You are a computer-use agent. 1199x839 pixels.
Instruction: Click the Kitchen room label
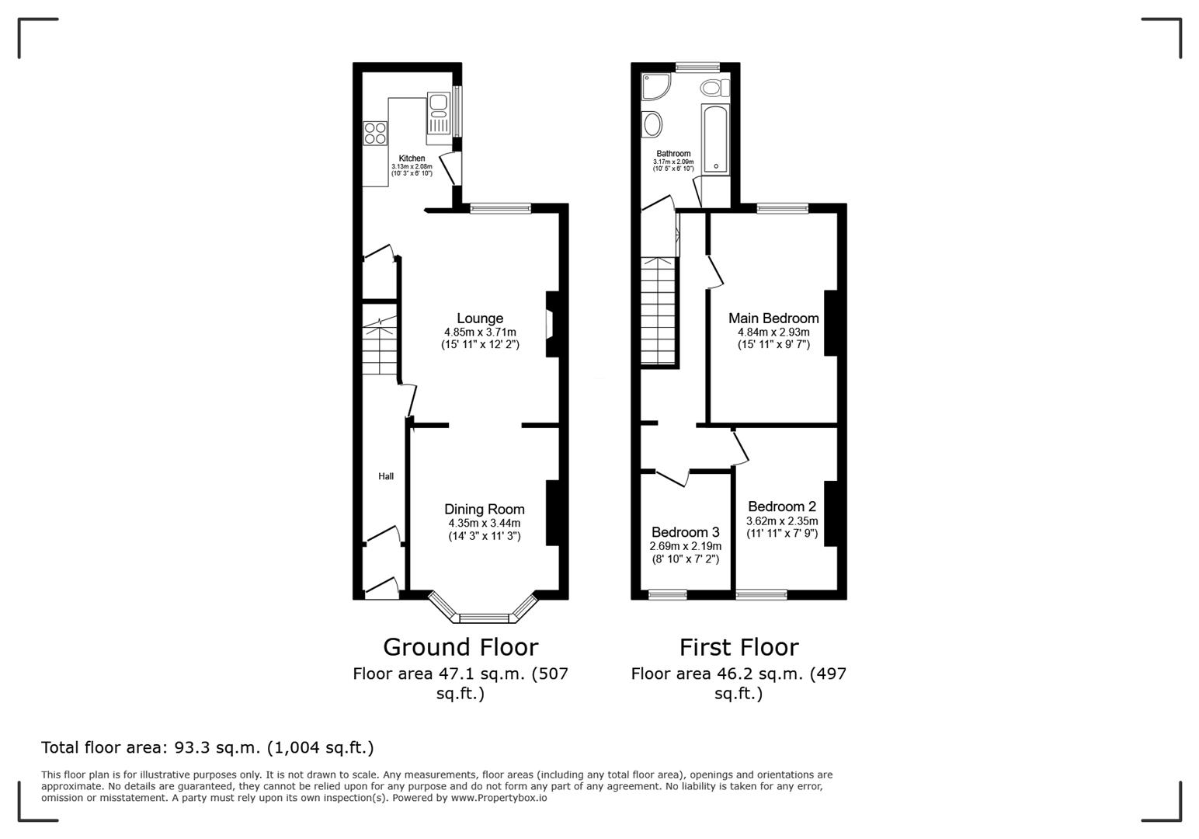412,158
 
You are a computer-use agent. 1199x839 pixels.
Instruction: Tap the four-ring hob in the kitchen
376,134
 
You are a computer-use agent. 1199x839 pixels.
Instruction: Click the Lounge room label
480,319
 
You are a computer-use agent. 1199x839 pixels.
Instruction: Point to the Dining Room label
485,510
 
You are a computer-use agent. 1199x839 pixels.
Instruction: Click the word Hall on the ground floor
386,476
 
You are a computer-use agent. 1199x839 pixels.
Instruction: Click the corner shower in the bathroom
654,86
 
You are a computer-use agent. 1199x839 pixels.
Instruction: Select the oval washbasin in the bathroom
652,124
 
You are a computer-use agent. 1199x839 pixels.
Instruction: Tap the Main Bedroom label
773,319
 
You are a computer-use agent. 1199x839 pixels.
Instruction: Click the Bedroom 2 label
782,507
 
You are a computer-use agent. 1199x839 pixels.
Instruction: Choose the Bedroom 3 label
685,532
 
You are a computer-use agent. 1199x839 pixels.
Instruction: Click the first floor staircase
659,311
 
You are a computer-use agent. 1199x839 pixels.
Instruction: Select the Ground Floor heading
460,647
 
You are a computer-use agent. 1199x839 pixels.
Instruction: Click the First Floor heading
739,647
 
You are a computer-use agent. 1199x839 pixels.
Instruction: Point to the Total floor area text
207,747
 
